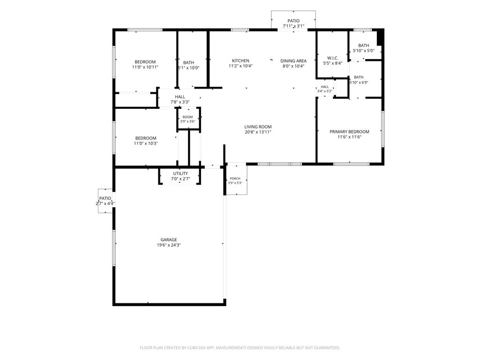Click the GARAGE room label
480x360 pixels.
point(169,240)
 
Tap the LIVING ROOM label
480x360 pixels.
point(258,127)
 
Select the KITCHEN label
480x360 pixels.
point(240,60)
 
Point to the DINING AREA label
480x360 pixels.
point(293,61)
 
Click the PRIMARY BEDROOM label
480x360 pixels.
point(349,132)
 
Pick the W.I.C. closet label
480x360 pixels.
point(333,58)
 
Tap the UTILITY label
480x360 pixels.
point(180,173)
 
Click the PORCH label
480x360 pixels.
point(235,179)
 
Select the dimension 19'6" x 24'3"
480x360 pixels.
point(169,245)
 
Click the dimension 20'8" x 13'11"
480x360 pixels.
point(258,132)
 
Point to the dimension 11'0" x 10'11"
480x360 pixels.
point(145,67)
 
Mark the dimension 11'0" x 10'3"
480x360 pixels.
point(146,143)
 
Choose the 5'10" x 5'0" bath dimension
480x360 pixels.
point(364,51)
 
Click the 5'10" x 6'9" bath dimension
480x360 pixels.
point(359,82)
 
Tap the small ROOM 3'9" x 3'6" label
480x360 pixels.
point(187,119)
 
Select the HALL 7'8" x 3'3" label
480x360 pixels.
point(180,99)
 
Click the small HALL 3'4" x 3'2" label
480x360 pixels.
point(325,89)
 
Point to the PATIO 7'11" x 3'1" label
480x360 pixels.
point(293,23)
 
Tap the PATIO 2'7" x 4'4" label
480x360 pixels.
point(105,201)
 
